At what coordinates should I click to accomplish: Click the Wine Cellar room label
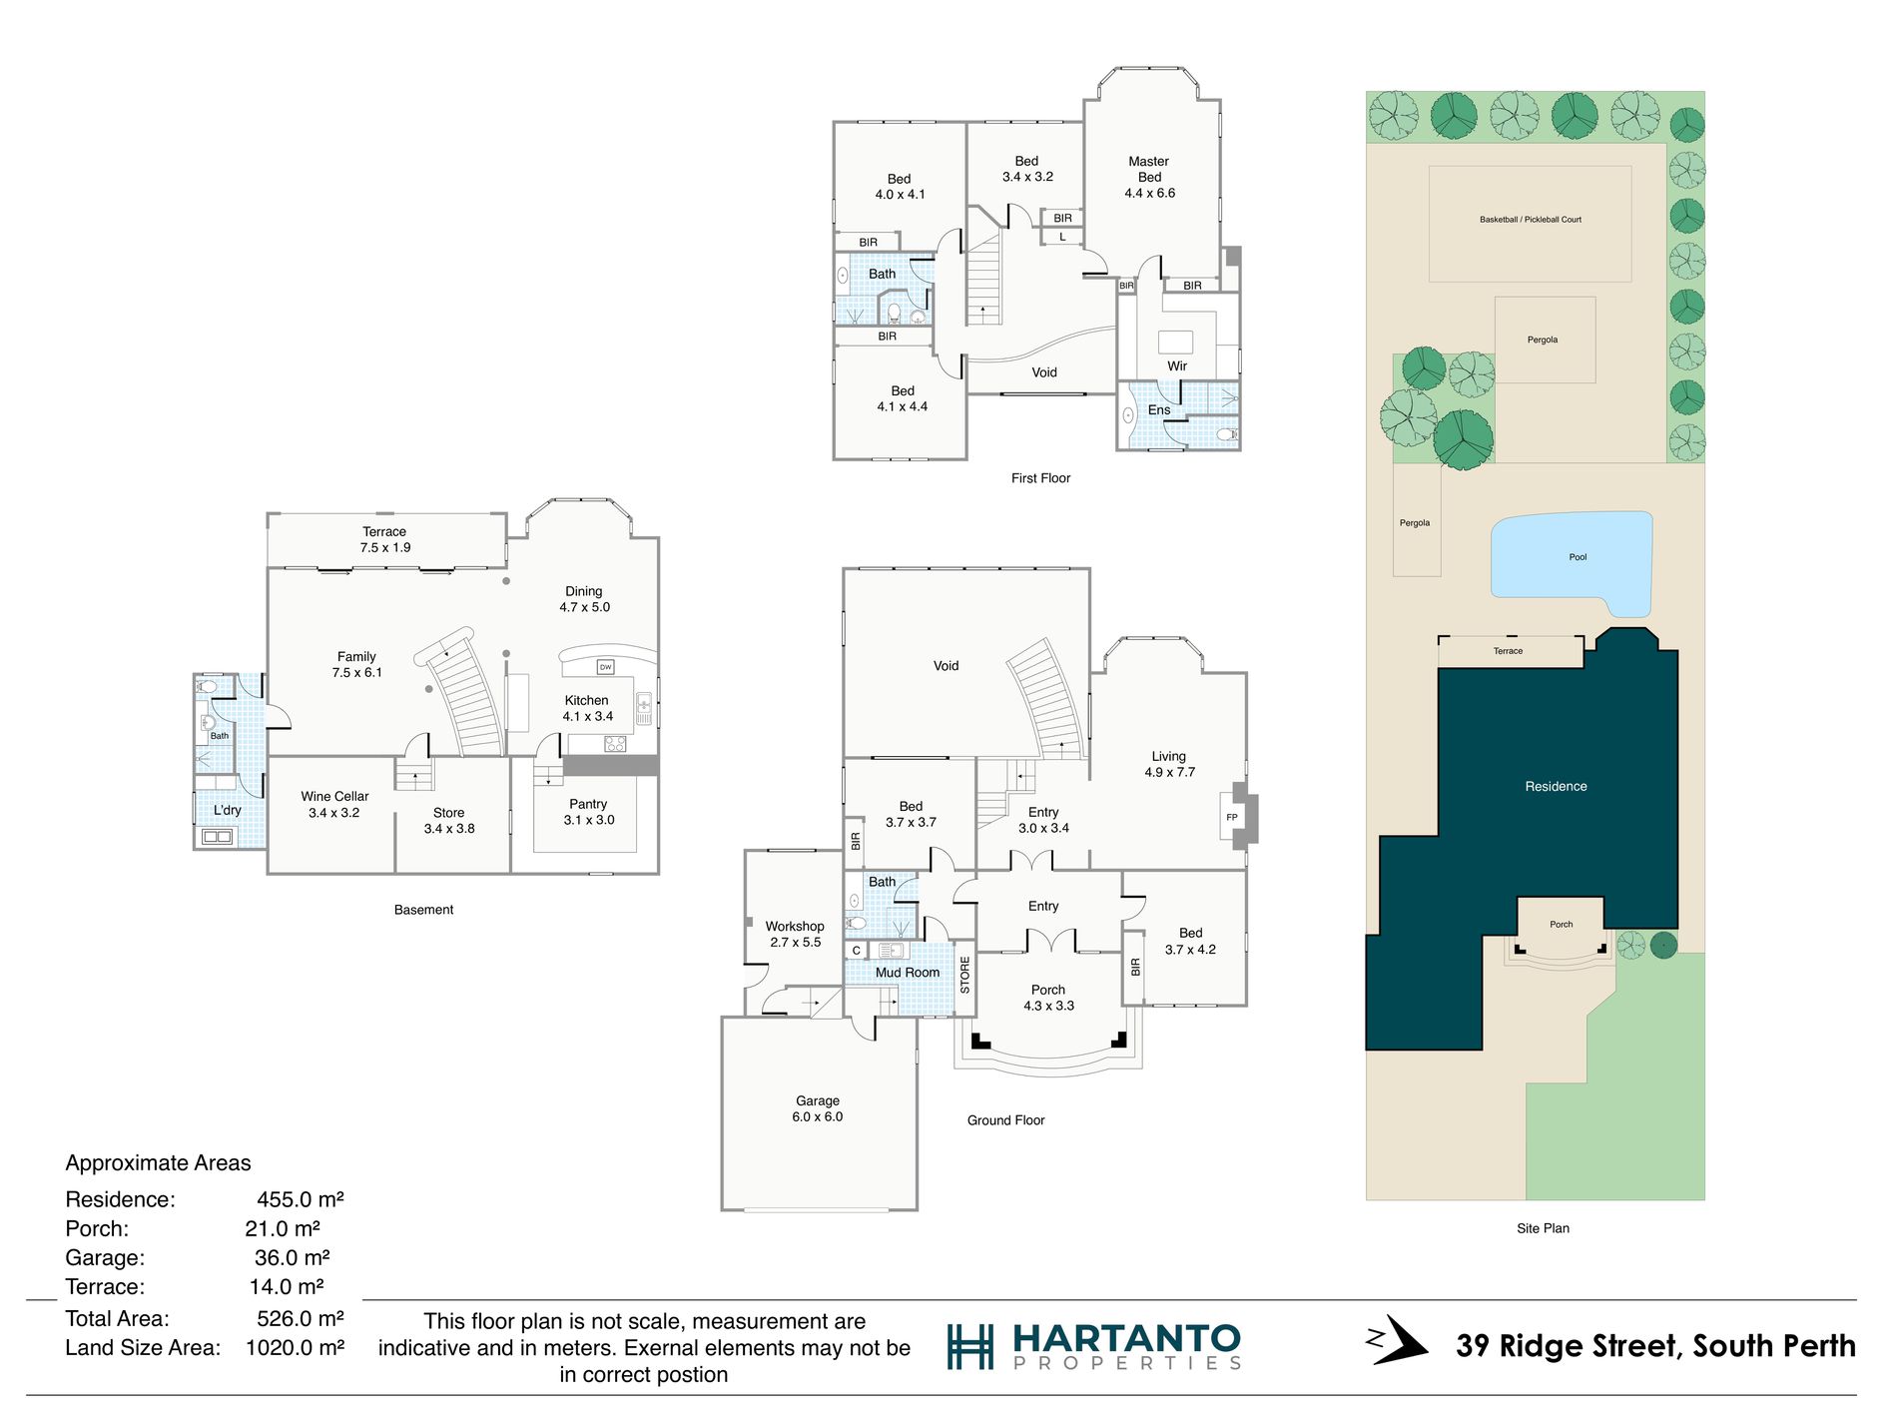pos(334,797)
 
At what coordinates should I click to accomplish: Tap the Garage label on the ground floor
pos(818,1101)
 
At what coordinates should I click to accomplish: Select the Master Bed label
pos(1149,169)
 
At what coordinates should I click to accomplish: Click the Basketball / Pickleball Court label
pos(1531,220)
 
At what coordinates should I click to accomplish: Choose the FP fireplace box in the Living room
pos(1232,817)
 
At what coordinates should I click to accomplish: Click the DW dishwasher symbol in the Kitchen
pos(605,667)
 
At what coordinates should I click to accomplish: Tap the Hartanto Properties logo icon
pos(969,1346)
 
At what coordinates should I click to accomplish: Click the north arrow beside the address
pos(1397,1339)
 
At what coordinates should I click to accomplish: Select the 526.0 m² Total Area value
pos(301,1319)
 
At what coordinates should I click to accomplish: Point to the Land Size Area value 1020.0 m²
pos(296,1348)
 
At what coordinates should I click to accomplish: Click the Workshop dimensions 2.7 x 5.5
pos(796,943)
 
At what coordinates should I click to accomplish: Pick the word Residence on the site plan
pos(1556,787)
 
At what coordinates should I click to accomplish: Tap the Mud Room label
pos(908,973)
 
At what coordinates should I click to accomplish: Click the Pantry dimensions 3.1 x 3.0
pos(589,821)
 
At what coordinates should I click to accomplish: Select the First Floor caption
pos(1040,478)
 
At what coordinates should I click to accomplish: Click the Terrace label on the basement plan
pos(384,532)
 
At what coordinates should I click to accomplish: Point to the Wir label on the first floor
pos(1177,366)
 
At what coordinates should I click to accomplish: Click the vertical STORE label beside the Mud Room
pos(964,975)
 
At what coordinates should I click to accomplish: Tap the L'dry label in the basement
pos(228,810)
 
